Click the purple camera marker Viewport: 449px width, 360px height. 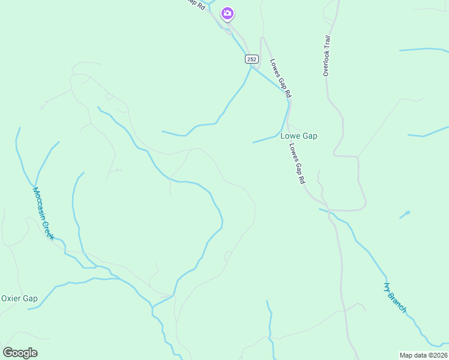[227, 13]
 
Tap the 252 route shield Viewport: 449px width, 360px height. [252, 59]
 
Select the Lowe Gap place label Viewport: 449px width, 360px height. [299, 136]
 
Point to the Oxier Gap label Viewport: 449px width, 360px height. [19, 298]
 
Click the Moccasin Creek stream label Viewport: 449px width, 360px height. [43, 214]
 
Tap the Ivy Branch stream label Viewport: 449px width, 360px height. [395, 298]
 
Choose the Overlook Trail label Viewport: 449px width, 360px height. [327, 55]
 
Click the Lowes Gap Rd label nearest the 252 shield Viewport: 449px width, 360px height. [281, 77]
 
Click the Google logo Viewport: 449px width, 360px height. [20, 353]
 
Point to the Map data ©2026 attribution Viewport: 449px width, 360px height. [423, 355]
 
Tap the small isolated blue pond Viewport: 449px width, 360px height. [406, 214]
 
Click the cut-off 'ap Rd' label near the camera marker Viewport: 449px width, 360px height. [196, 4]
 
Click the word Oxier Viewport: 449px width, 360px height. [11, 298]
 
